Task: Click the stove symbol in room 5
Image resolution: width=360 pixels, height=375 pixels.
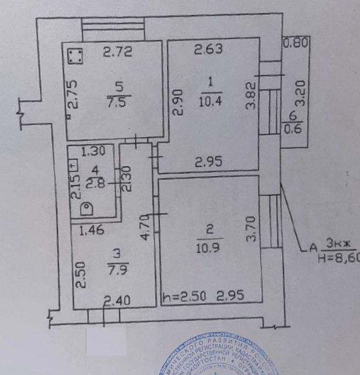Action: click(x=74, y=56)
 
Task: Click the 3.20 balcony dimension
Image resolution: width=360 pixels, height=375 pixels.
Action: click(x=302, y=94)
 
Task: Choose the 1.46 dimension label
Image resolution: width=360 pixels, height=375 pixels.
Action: click(x=92, y=230)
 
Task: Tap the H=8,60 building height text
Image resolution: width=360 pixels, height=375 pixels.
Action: click(x=338, y=259)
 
